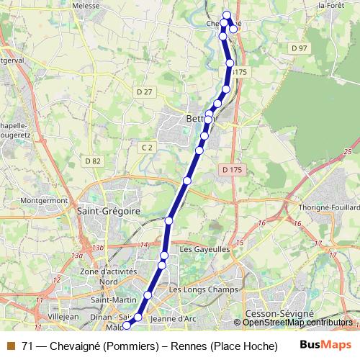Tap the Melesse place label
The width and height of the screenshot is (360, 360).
point(106,5)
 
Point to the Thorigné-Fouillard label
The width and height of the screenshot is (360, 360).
point(327,207)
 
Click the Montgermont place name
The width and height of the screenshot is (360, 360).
point(44,200)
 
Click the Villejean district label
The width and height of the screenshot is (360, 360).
point(63,315)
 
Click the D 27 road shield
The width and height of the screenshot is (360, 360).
point(145,91)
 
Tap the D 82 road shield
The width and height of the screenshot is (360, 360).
point(92,161)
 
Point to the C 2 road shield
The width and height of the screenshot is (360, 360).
point(148,148)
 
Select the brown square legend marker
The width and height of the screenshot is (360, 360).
point(10,346)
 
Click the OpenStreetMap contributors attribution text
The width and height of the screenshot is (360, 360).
point(297,323)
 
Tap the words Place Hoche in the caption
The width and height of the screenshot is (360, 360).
point(231,346)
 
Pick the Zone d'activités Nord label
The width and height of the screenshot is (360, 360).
point(99,276)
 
